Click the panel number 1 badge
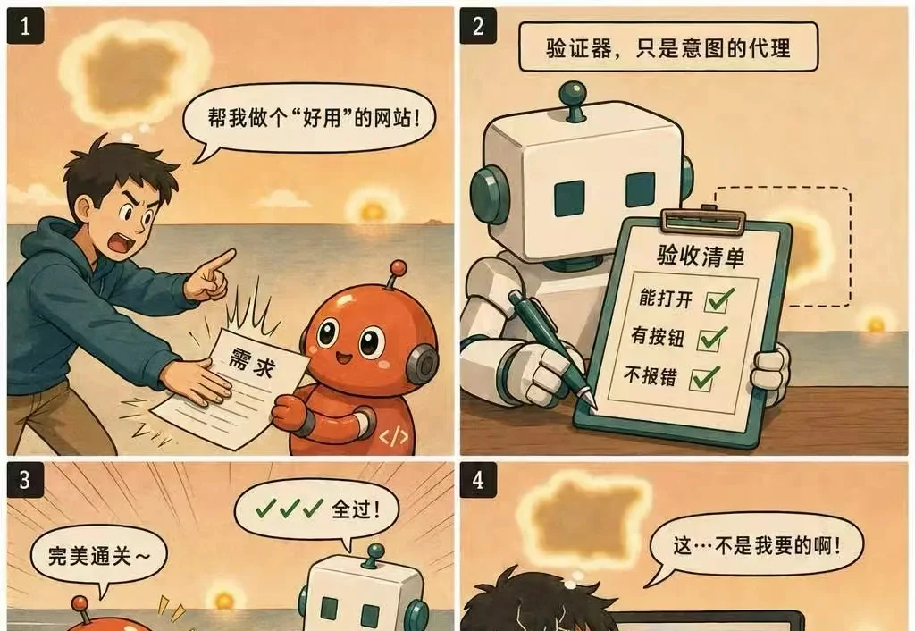pos(25,26)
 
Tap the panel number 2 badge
pos(479,26)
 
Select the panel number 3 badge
pos(25,480)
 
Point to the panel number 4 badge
pos(479,480)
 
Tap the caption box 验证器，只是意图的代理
pos(668,47)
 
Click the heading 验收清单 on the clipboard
pos(701,256)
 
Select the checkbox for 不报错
pos(704,378)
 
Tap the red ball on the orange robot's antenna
pos(399,268)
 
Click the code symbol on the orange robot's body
pos(393,437)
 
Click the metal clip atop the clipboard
pos(704,220)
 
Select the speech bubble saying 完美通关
pos(98,556)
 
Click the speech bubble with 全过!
pos(317,509)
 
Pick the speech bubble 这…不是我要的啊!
pos(756,547)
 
